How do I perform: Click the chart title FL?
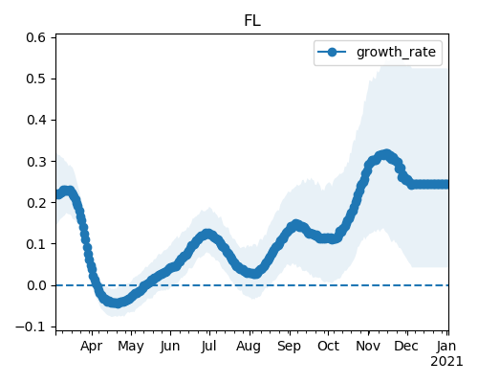252,21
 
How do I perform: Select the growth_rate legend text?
396,52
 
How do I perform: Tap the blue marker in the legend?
332,52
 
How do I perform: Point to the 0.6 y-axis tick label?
36,37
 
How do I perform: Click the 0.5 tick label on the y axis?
36,79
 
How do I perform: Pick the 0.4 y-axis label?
36,121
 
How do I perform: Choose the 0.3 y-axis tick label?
36,162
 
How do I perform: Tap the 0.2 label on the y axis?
36,203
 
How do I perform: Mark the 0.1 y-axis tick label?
36,244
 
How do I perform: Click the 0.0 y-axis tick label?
36,285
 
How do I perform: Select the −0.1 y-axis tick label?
31,327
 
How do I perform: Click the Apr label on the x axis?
92,347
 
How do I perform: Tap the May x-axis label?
131,347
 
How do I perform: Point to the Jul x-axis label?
208,346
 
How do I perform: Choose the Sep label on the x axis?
289,347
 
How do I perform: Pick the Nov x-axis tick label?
368,346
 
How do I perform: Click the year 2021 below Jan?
446,362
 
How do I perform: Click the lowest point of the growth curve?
118,303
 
